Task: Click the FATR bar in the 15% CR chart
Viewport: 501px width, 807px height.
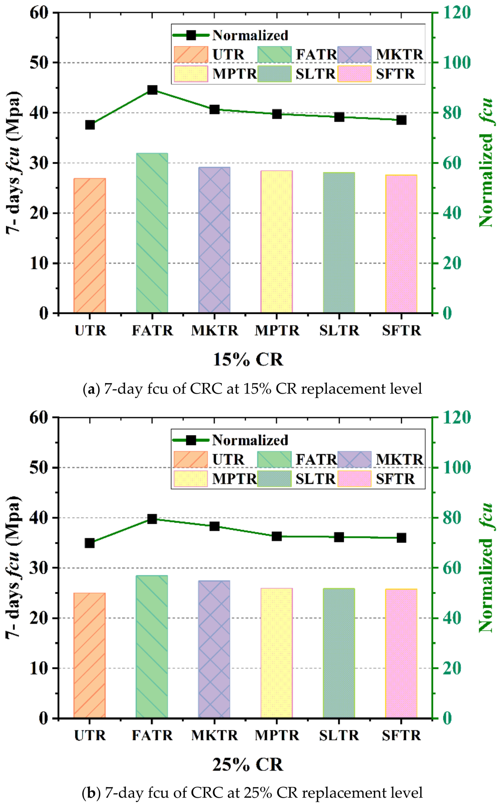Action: click(x=152, y=233)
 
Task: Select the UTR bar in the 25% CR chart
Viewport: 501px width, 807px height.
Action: click(x=90, y=655)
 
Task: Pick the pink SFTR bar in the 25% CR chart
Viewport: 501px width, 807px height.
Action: click(x=401, y=653)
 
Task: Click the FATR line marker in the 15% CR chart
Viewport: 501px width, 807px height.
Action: click(x=152, y=90)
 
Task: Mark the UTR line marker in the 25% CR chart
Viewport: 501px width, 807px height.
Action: click(x=90, y=543)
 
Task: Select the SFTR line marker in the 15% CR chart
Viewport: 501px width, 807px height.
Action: click(x=401, y=120)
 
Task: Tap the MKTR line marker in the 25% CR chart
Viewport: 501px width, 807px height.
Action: click(x=215, y=526)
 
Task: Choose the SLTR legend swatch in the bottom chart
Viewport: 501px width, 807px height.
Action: click(x=274, y=479)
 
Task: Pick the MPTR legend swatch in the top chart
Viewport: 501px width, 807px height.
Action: click(x=191, y=74)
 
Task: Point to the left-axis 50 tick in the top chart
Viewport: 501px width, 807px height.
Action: click(x=39, y=63)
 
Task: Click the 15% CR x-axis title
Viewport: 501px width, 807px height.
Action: click(x=248, y=359)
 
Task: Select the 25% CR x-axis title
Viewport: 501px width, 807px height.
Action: click(x=248, y=764)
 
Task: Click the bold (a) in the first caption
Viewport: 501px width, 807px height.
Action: click(x=91, y=389)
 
